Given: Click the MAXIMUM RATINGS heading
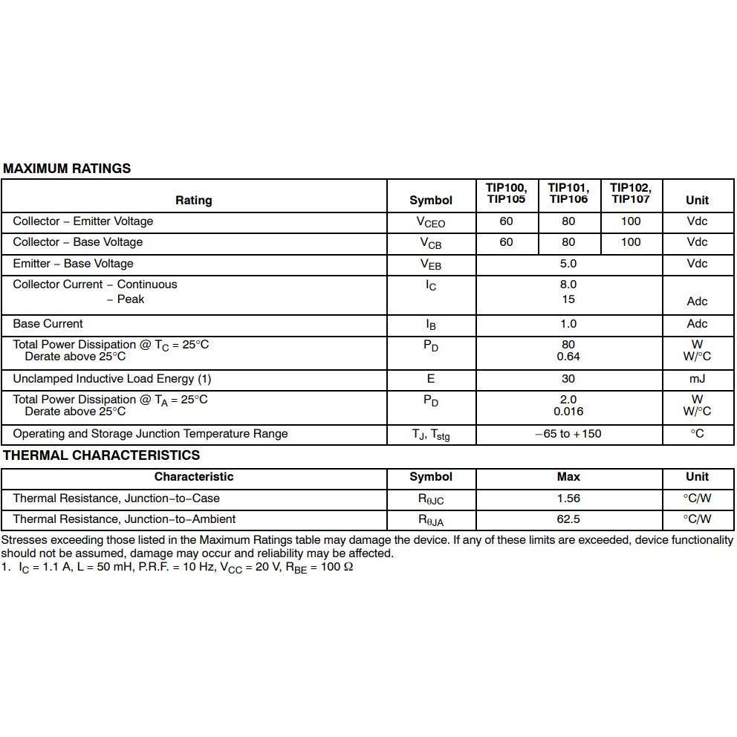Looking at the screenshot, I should pyautogui.click(x=67, y=169).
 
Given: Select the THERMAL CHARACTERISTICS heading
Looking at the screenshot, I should pyautogui.click(x=101, y=455).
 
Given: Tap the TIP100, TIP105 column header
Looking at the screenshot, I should pyautogui.click(x=506, y=193).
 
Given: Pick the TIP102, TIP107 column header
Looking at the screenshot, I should pyautogui.click(x=630, y=193).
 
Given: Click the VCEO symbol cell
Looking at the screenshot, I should pyautogui.click(x=431, y=222).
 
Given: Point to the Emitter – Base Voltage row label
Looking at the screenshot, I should pyautogui.click(x=73, y=264).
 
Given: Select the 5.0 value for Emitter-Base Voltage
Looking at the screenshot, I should pyautogui.click(x=568, y=264).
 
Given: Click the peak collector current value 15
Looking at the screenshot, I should pyautogui.click(x=568, y=299).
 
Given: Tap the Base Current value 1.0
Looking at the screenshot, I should pyautogui.click(x=568, y=324).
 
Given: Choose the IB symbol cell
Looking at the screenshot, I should pyautogui.click(x=431, y=325).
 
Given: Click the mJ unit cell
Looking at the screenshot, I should pyautogui.click(x=697, y=379).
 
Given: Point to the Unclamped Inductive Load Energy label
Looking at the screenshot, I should pyautogui.click(x=111, y=379).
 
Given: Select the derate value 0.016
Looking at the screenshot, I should pyautogui.click(x=568, y=412).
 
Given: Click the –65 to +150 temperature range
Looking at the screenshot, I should pyautogui.click(x=568, y=434).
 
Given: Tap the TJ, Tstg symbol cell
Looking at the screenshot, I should pyautogui.click(x=431, y=435).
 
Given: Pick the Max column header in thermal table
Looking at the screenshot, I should pyautogui.click(x=568, y=477).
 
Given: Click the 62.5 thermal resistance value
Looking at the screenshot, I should pyautogui.click(x=568, y=519).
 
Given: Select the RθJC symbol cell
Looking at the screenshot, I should pyautogui.click(x=431, y=499).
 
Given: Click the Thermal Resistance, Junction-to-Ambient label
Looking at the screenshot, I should pyautogui.click(x=124, y=519).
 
